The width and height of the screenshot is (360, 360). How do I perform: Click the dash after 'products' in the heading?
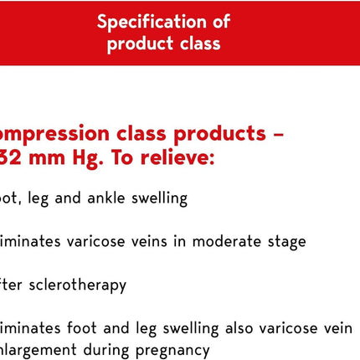click(279, 134)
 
